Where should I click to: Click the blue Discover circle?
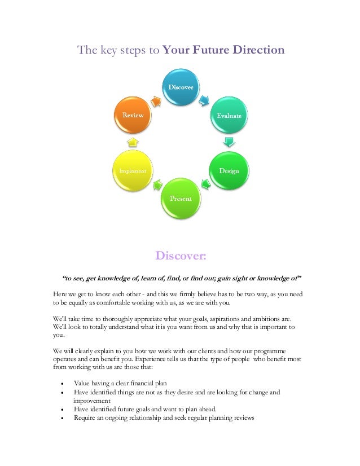pos(181,87)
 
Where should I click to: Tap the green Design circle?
pos(229,170)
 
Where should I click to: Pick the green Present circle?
pos(181,198)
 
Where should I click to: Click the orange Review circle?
pos(133,115)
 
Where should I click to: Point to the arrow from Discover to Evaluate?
pos(204,100)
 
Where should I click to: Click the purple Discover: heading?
pos(181,257)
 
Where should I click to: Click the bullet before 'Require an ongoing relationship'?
pos(62,418)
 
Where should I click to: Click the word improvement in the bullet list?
pos(91,401)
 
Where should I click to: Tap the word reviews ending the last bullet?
pos(243,418)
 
